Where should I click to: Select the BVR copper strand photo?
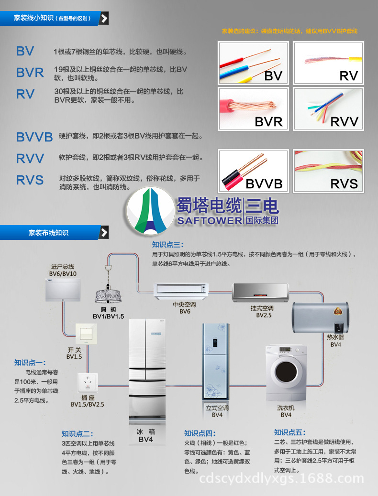pyautogui.click(x=254, y=108)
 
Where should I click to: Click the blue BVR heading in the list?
pyautogui.click(x=30, y=73)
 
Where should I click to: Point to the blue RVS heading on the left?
pyautogui.click(x=30, y=180)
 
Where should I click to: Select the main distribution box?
pyautogui.click(x=62, y=289)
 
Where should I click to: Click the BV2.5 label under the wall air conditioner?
pyautogui.click(x=264, y=315)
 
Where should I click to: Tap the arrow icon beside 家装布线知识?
pyautogui.click(x=104, y=233)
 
